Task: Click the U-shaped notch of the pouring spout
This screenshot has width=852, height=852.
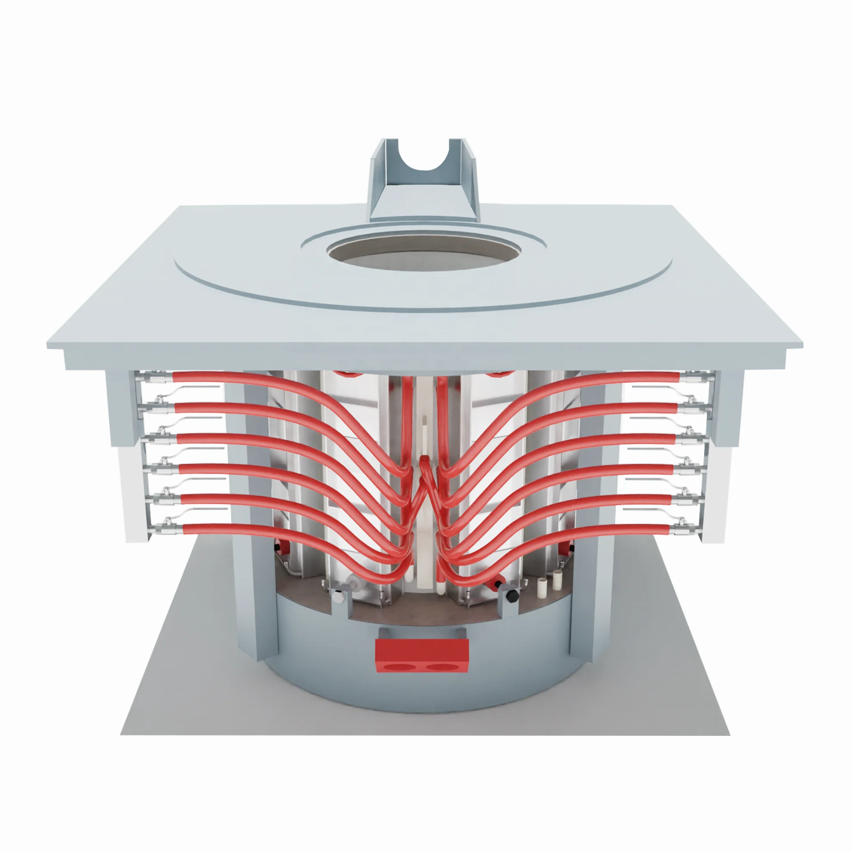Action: point(424,157)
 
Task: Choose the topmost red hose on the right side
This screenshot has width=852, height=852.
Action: point(617,377)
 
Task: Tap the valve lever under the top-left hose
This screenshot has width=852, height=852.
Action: point(194,388)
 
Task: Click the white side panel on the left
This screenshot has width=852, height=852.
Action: point(132,494)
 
